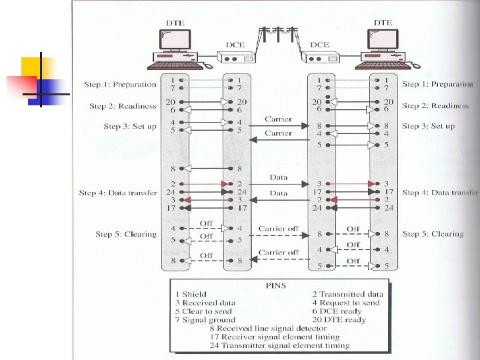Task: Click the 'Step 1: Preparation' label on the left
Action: pos(120,85)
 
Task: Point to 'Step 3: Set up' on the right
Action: pos(429,126)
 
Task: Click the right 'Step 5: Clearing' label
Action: pos(433,234)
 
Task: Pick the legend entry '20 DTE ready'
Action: pos(339,319)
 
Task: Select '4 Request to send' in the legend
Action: pos(345,302)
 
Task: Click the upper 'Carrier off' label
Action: pos(279,228)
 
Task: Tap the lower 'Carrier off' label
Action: pos(279,253)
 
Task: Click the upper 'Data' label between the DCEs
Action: pos(279,177)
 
